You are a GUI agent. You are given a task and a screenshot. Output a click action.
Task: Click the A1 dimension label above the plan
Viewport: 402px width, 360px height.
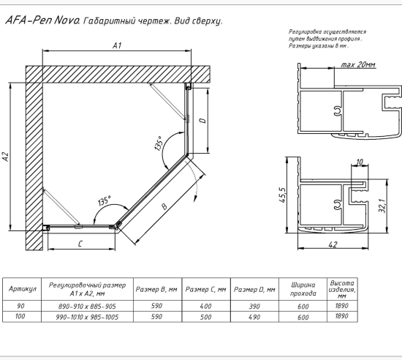117,45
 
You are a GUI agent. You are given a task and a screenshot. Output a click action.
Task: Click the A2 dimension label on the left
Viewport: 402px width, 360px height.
6,157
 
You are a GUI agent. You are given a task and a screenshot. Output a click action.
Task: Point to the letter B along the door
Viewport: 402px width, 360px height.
164,206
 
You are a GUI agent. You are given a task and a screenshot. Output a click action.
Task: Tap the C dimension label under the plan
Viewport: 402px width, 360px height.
80,244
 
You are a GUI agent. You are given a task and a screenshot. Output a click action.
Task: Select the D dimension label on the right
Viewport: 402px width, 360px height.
202,121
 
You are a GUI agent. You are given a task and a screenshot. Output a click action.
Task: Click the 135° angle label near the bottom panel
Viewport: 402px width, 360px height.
105,200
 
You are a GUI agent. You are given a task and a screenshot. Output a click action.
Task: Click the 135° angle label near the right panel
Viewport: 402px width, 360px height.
159,143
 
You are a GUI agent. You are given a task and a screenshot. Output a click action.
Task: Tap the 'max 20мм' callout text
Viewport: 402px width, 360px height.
358,64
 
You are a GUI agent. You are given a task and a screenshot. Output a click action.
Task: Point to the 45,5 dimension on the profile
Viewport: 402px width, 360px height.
282,195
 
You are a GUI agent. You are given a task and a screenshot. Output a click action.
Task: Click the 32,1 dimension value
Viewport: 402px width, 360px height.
382,205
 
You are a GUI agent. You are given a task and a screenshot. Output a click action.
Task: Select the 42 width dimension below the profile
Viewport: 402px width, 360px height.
333,244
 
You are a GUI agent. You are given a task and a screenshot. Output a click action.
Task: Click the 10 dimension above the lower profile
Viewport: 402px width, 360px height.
360,162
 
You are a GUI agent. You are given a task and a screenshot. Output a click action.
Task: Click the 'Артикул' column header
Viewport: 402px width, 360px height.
23,289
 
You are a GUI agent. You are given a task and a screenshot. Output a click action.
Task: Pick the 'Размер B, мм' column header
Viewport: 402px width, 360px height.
156,290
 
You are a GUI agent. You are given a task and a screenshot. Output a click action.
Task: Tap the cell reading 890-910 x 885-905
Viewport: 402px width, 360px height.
87,307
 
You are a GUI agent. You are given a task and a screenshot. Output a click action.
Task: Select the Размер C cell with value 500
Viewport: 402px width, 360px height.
206,317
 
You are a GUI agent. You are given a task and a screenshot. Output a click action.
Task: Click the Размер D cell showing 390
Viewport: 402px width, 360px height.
254,307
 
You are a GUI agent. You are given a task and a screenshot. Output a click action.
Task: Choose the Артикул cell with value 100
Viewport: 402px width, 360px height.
20,316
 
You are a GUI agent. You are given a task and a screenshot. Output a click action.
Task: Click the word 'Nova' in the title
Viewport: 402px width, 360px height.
67,20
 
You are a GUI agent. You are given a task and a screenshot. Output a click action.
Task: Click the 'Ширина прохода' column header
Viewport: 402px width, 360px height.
303,289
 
